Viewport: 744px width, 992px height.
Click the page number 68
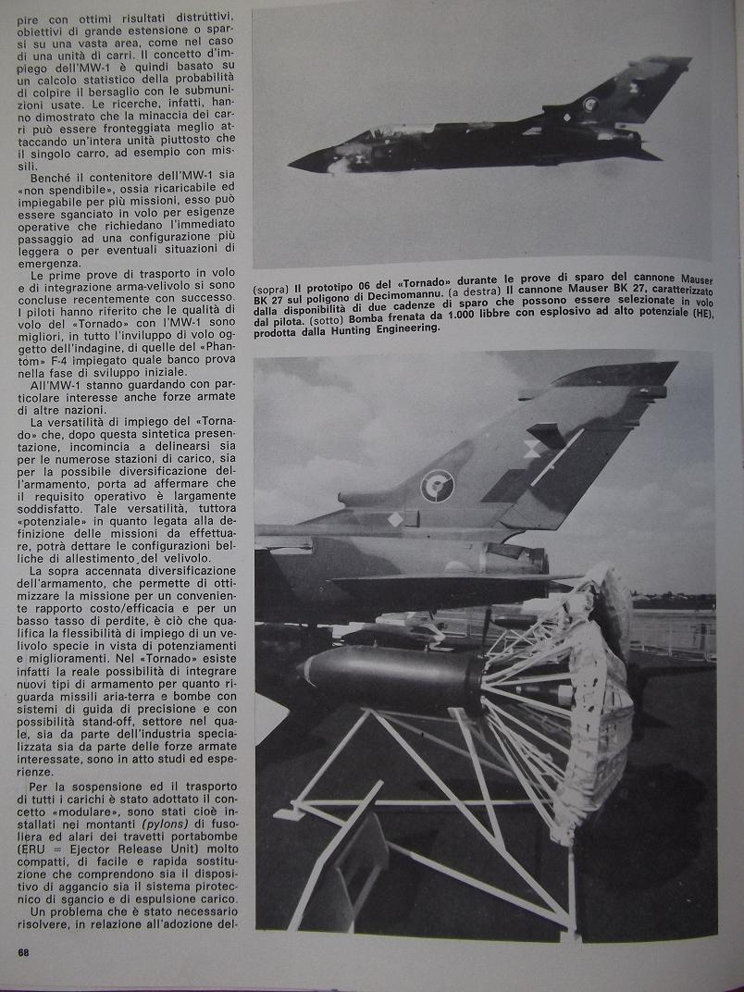23,952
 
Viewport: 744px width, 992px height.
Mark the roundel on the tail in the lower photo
437,485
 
